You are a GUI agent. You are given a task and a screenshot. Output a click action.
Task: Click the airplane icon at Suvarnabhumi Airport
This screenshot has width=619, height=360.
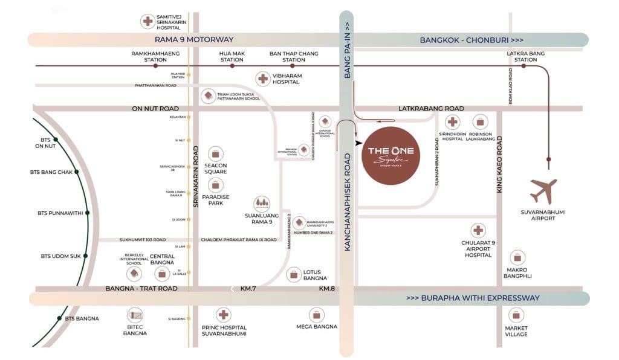coord(543,191)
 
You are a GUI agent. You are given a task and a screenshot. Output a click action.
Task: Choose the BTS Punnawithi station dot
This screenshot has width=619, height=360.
coord(87,213)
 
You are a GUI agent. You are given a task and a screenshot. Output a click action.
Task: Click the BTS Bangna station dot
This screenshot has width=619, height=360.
coord(59,318)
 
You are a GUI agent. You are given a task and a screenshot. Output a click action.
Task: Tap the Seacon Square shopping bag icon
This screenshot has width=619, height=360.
coord(215,153)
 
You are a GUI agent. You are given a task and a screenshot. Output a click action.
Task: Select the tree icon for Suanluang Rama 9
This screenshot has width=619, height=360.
coord(262,204)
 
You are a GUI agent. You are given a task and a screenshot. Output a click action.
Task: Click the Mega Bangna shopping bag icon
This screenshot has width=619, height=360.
coord(316,315)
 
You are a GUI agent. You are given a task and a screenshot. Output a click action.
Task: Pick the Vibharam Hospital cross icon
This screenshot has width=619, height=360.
coord(263,78)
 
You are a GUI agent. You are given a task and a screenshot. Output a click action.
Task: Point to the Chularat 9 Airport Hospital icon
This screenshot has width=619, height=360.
coord(478,230)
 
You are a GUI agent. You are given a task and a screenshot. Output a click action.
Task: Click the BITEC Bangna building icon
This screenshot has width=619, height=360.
coord(135,315)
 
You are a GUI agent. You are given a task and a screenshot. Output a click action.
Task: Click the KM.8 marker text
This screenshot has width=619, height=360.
coord(326,289)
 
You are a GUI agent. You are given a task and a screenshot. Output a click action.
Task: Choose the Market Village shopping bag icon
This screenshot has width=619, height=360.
coord(516,315)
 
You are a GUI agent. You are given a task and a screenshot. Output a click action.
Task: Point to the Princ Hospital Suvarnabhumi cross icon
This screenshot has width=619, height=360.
coord(224,315)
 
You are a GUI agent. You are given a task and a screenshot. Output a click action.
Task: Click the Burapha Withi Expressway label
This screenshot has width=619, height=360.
coord(473,298)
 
